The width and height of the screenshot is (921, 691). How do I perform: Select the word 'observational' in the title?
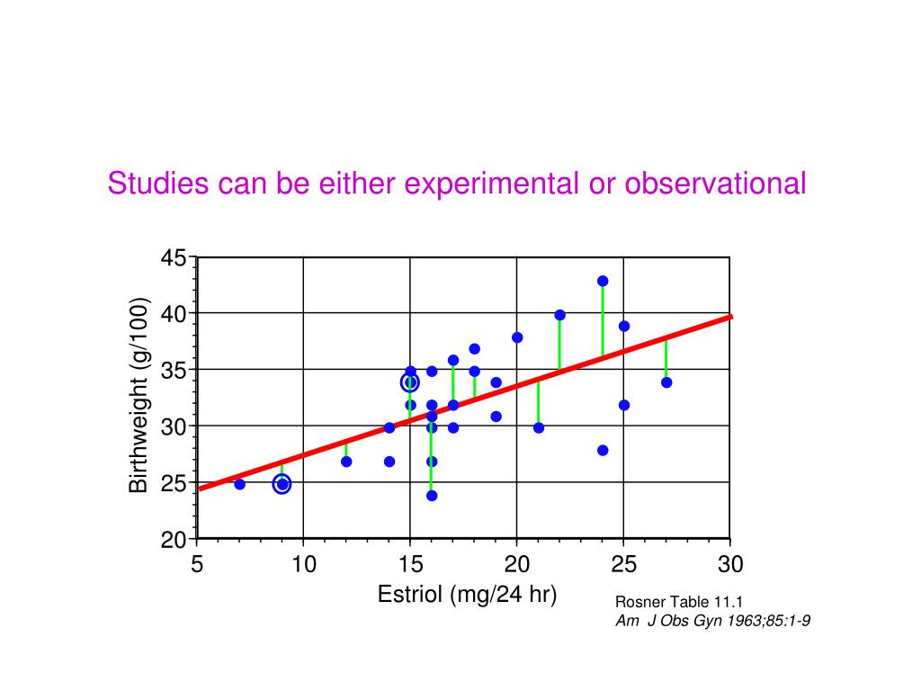(x=716, y=184)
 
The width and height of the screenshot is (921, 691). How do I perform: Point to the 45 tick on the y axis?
(x=174, y=258)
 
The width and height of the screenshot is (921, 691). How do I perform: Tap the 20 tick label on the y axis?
(x=174, y=540)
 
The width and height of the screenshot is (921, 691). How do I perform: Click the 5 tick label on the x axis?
(x=197, y=565)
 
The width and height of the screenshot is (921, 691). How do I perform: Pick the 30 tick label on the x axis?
(x=730, y=565)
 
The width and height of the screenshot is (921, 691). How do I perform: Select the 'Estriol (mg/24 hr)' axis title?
(x=468, y=595)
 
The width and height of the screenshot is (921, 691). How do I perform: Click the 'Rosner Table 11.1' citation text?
(x=666, y=602)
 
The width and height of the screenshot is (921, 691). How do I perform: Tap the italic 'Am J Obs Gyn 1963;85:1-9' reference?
(x=712, y=620)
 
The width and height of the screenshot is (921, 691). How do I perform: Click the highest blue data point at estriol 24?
(x=603, y=281)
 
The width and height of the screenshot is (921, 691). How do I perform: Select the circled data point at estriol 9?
(x=282, y=484)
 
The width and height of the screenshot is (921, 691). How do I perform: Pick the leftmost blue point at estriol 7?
(x=239, y=484)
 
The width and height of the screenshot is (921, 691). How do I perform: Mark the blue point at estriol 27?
(x=666, y=382)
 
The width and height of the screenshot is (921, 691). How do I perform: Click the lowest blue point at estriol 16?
(x=432, y=495)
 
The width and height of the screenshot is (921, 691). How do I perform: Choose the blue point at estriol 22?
(x=559, y=315)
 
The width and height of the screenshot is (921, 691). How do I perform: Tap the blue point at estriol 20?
(x=517, y=337)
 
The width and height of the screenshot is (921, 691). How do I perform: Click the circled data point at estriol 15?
(x=410, y=382)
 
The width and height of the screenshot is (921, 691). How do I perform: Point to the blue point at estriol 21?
(x=539, y=427)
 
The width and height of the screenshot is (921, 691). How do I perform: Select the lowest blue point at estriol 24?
(x=603, y=450)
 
